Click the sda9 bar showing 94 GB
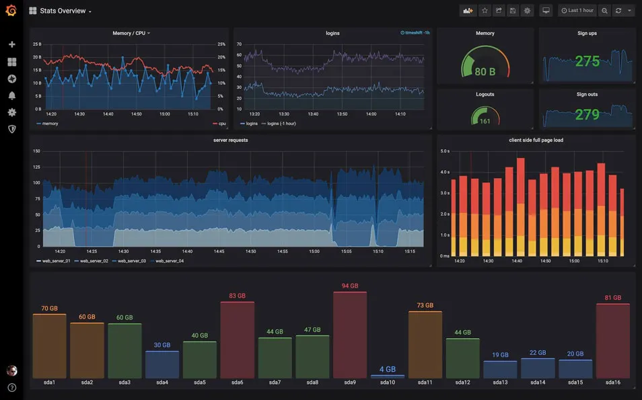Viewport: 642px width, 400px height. (x=350, y=335)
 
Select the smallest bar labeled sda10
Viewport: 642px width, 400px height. (x=388, y=376)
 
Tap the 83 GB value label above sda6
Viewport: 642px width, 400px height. (x=237, y=296)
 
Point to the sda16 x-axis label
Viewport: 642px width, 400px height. (x=612, y=383)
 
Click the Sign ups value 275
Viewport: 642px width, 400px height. (x=587, y=62)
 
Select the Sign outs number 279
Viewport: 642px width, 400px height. (x=587, y=115)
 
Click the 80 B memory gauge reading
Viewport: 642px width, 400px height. (x=485, y=72)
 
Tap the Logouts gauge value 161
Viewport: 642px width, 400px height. (x=485, y=122)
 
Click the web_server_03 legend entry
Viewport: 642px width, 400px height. (x=132, y=261)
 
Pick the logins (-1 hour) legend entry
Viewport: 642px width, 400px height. (x=281, y=124)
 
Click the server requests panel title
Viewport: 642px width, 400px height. (x=230, y=141)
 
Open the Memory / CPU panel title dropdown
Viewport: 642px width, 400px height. (x=131, y=33)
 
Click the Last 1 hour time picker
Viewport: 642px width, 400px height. (x=577, y=11)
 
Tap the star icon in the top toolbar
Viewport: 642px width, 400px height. (x=485, y=11)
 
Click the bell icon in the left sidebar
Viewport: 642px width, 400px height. (x=11, y=95)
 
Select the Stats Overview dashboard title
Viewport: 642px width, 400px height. (x=63, y=11)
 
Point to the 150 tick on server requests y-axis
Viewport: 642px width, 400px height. (x=36, y=151)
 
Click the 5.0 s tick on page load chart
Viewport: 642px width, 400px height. (x=445, y=151)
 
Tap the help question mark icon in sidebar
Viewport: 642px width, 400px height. (x=11, y=387)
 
